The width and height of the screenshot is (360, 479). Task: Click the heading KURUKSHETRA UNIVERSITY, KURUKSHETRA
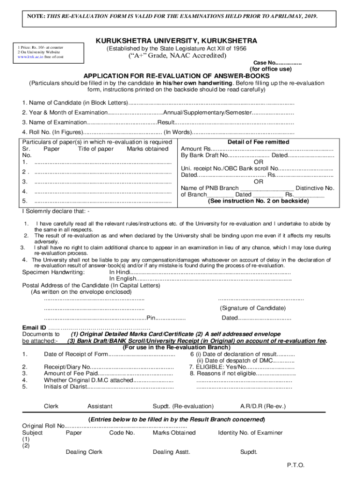coord(176,41)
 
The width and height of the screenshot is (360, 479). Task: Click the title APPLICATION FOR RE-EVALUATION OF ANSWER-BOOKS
coord(176,76)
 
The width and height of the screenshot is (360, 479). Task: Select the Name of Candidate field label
coord(75,102)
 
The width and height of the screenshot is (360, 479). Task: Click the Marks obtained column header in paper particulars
coord(147,149)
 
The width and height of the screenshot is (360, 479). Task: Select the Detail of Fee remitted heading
coord(258,142)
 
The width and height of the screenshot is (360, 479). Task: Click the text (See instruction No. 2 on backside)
coord(258,201)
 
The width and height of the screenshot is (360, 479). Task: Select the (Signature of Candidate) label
coord(252,308)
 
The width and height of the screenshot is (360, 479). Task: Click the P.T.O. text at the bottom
coord(295,465)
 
